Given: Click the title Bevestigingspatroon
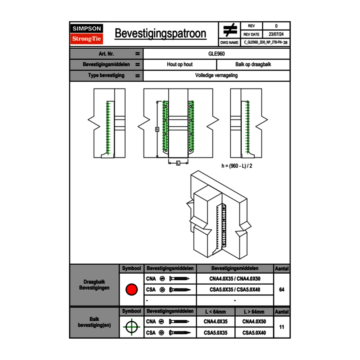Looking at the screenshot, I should (x=160, y=34).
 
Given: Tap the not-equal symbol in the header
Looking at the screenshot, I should (x=229, y=30).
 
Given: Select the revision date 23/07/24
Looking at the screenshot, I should (x=276, y=34).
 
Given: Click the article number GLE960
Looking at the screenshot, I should (x=216, y=54).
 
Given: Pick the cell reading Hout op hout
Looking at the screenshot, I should (x=180, y=65).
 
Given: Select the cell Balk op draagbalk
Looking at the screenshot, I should (x=253, y=65).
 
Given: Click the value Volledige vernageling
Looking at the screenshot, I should (x=216, y=76).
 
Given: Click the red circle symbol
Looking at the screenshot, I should (x=131, y=290).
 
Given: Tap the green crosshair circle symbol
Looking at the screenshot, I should (x=131, y=327).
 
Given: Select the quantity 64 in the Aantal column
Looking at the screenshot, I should (x=281, y=290).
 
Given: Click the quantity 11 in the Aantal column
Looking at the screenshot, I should (x=281, y=327).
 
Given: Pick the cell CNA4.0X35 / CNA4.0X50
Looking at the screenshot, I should (x=235, y=279).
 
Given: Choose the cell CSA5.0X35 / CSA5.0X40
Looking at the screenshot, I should (x=235, y=290).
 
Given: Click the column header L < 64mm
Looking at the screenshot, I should (x=216, y=312).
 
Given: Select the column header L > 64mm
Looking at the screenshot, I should (x=254, y=312).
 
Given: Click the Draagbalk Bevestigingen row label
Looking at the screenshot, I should (x=94, y=285).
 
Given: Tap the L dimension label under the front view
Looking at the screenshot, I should (x=178, y=163).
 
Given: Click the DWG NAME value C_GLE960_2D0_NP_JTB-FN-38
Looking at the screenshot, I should (x=265, y=42).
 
